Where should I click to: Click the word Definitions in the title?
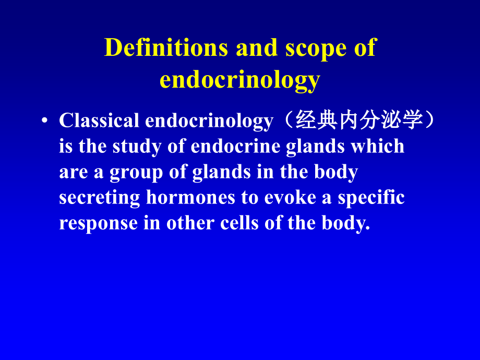click(x=166, y=48)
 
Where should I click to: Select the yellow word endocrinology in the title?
click(x=239, y=80)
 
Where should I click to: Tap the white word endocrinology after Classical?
click(x=209, y=121)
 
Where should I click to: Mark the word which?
click(x=377, y=147)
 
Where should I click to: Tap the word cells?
click(x=241, y=223)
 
